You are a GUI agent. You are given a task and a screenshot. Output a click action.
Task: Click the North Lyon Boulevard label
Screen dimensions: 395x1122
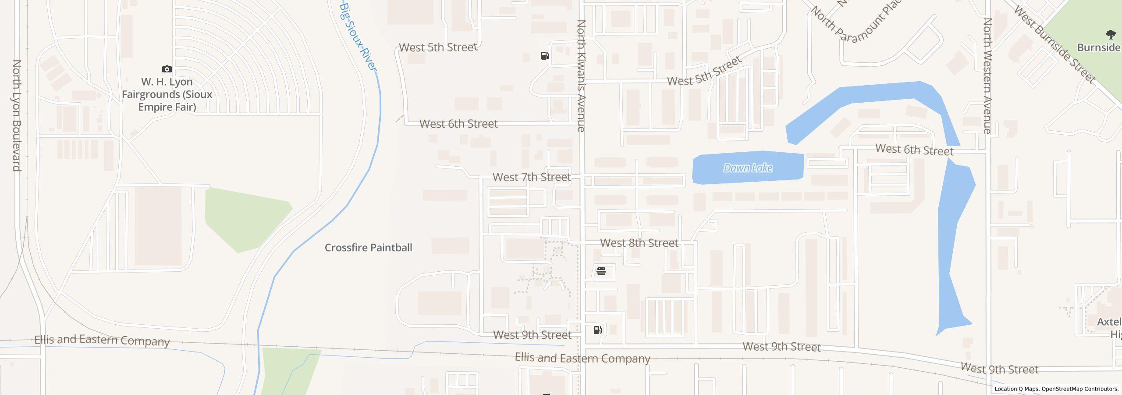pyautogui.click(x=17, y=115)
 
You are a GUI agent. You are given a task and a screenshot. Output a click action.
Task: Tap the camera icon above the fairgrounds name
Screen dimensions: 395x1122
pyautogui.click(x=167, y=69)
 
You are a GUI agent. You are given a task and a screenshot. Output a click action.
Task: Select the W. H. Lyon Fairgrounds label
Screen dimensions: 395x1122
pyautogui.click(x=167, y=94)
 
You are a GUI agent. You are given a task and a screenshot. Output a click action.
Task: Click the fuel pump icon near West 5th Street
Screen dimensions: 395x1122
pyautogui.click(x=545, y=56)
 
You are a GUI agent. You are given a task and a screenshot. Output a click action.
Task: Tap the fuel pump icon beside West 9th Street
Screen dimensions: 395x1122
pyautogui.click(x=597, y=330)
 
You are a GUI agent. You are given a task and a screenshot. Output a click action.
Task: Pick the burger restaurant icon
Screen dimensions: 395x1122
pyautogui.click(x=601, y=272)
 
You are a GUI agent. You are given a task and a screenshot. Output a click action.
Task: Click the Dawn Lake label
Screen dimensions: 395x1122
pyautogui.click(x=748, y=168)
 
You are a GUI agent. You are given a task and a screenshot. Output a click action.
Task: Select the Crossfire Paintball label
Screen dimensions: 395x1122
pyautogui.click(x=368, y=248)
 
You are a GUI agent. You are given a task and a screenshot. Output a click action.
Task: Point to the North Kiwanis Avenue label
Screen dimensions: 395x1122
pyautogui.click(x=581, y=75)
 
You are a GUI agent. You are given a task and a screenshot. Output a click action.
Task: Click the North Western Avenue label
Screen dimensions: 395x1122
pyautogui.click(x=987, y=75)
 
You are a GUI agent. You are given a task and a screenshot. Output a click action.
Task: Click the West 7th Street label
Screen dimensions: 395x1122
pyautogui.click(x=532, y=177)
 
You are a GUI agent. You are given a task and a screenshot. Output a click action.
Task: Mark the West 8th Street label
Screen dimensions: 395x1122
pyautogui.click(x=639, y=243)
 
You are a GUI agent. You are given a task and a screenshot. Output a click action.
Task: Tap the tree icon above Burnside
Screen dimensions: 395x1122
pyautogui.click(x=1111, y=34)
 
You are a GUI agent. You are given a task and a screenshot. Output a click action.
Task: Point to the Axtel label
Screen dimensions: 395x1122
pyautogui.click(x=1109, y=322)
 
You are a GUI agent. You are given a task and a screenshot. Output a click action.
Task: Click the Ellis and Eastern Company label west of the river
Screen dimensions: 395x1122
pyautogui.click(x=102, y=341)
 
